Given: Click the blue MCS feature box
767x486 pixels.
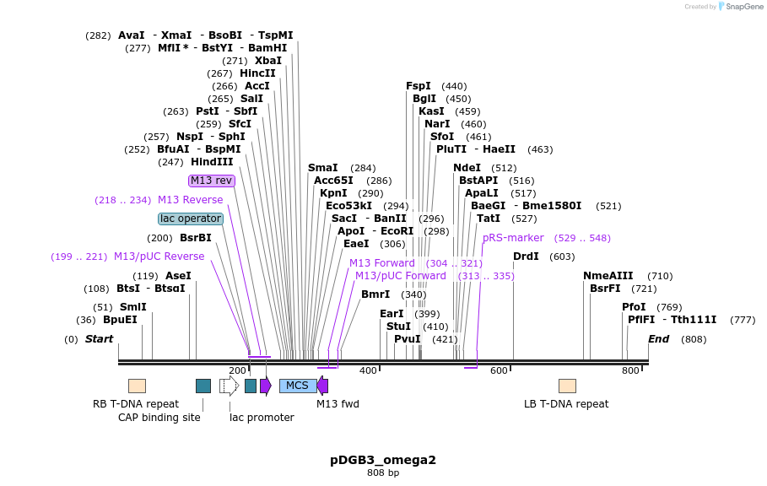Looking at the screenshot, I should point(298,386).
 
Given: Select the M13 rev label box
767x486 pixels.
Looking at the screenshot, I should point(212,181).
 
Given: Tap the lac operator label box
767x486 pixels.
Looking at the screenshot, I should point(191,219).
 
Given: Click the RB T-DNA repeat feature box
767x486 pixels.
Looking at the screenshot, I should point(137,386).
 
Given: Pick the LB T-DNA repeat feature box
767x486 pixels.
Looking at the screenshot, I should point(567,386).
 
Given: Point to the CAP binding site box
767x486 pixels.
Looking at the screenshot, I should point(203,386).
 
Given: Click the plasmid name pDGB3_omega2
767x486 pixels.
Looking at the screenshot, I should point(383,460).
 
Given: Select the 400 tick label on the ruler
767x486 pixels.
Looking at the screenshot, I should point(368,370).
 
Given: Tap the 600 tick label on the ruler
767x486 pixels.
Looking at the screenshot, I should point(499,370).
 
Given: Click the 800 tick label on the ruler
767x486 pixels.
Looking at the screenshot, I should point(630,370).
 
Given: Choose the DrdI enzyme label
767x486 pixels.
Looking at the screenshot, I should point(526,256).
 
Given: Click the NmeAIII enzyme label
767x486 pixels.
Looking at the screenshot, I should point(608,276).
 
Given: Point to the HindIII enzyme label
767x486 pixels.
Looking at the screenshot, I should point(212,162).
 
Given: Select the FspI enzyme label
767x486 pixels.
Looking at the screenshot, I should point(419,86).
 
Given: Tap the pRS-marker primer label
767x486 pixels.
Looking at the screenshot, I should point(513,238).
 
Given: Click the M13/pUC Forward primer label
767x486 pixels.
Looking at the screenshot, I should point(400,276).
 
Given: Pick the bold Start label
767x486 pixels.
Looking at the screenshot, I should point(99,339).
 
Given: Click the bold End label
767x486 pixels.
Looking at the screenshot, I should point(658,339).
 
